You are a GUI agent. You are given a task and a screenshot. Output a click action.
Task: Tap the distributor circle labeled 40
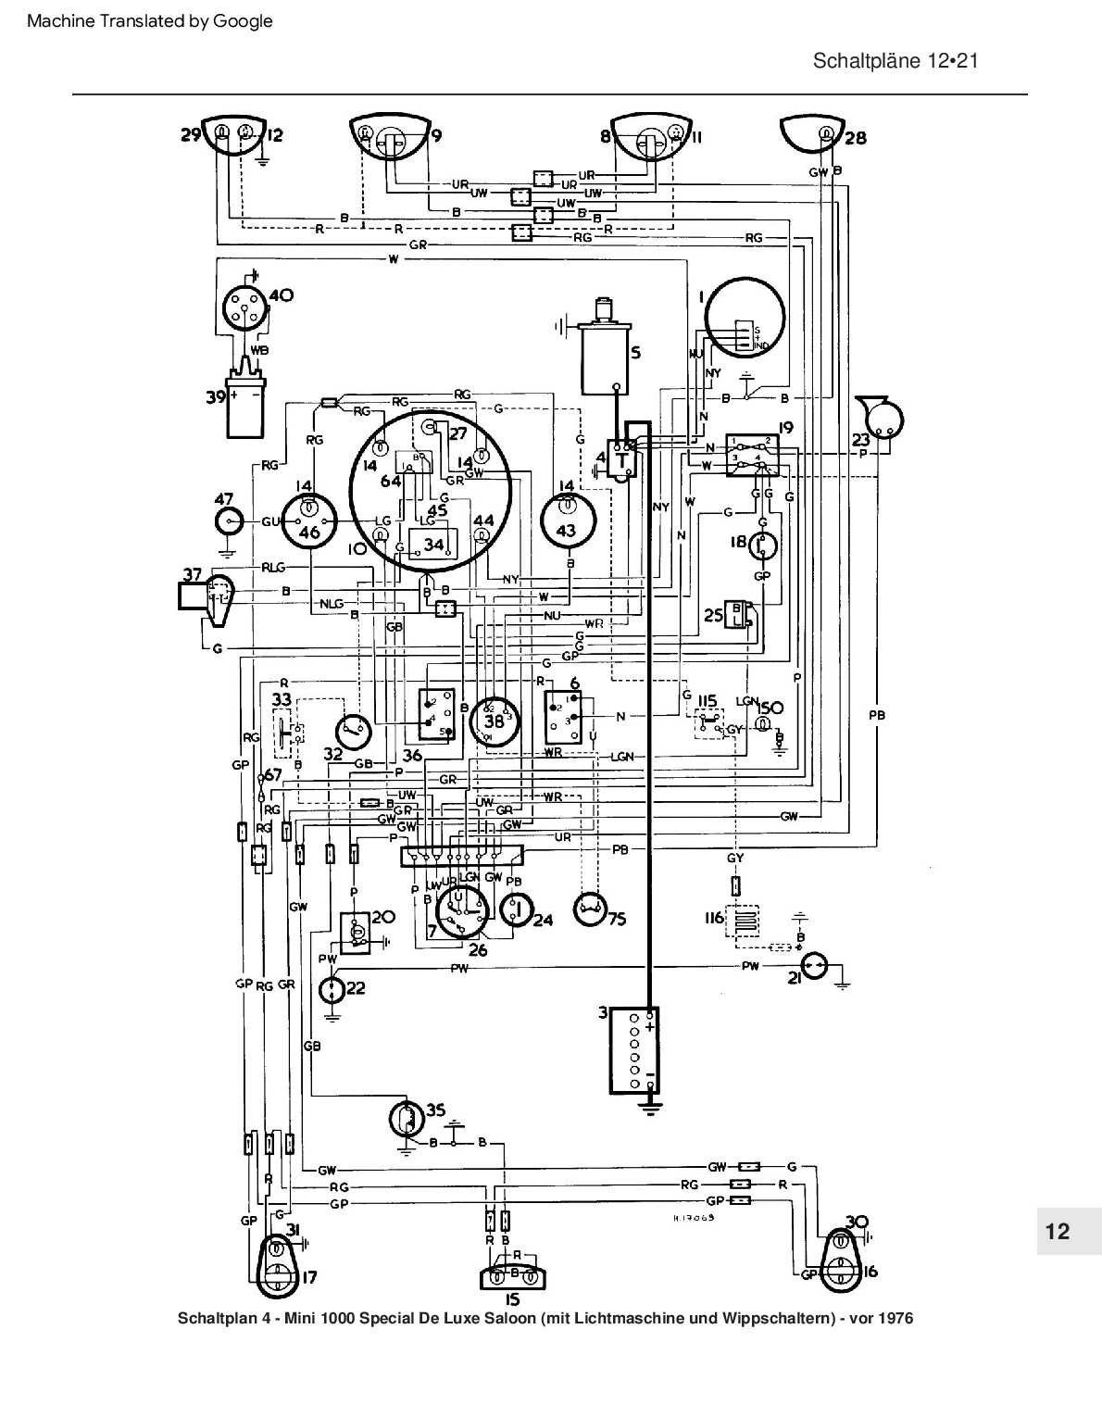(244, 308)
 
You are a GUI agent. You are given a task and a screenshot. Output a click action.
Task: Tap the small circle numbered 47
(227, 522)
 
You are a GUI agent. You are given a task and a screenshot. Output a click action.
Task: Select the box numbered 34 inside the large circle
(430, 544)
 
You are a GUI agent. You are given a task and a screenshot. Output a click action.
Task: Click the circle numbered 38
(495, 721)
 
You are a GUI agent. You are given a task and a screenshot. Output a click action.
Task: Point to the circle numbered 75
(590, 911)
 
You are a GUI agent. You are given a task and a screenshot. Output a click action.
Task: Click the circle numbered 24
(517, 910)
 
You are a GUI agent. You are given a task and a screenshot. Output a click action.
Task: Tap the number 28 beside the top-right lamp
(856, 138)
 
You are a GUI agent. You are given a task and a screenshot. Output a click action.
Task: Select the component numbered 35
(405, 1119)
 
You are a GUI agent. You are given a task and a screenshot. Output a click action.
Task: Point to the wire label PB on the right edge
(877, 714)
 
